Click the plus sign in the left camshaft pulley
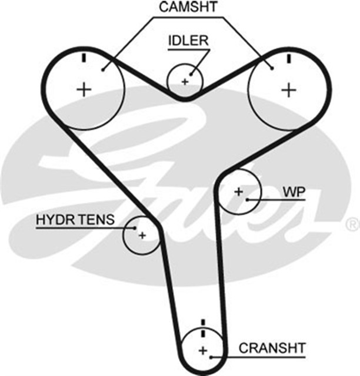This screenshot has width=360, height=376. click(x=85, y=89)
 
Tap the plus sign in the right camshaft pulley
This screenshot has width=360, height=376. click(x=288, y=89)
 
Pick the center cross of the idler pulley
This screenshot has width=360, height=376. click(x=185, y=81)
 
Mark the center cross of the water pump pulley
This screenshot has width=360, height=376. click(x=238, y=192)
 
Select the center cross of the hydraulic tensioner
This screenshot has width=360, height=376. click(x=142, y=234)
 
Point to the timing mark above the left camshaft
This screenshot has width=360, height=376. click(x=85, y=58)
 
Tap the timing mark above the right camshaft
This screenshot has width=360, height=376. click(x=288, y=58)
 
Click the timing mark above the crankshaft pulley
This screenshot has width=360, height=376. click(x=203, y=325)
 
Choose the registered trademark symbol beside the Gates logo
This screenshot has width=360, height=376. click(x=351, y=223)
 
